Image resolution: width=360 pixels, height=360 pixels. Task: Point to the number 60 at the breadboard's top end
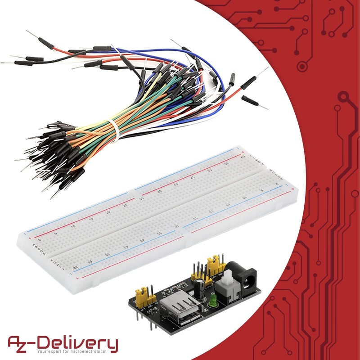243,157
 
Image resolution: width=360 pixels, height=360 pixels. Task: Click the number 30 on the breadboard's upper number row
141,198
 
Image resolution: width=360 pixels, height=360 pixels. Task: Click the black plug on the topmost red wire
46,42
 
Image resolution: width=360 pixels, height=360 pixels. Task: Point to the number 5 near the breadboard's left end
55,233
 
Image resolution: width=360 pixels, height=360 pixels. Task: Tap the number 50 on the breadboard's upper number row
209,171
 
